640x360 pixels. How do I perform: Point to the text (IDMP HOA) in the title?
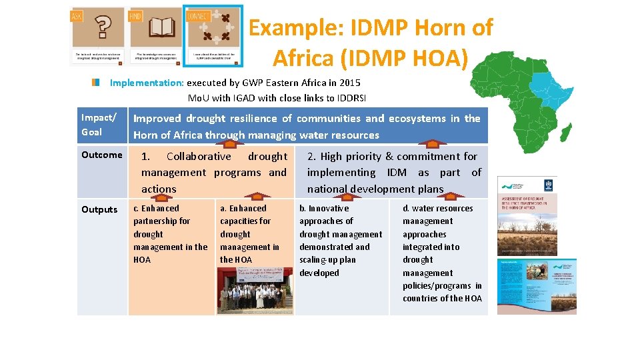point(404,59)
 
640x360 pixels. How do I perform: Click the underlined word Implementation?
point(146,83)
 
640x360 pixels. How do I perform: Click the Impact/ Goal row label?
point(99,125)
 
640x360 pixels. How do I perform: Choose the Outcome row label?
point(101,155)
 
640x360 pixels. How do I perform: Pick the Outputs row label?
point(99,209)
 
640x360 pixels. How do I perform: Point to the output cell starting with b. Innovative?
point(340,241)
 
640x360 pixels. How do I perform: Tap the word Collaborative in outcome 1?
point(199,157)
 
